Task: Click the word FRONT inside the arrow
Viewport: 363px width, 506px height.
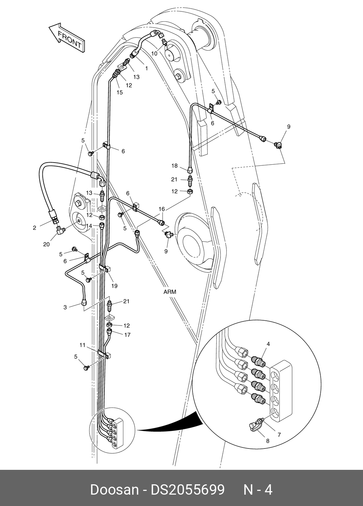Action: click(69, 40)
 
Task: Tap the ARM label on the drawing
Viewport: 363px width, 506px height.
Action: click(169, 292)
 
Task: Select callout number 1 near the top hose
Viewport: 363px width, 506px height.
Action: click(146, 68)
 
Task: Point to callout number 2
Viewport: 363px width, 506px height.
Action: click(34, 228)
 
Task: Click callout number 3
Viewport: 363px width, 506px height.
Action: click(65, 307)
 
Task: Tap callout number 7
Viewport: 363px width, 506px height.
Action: click(279, 435)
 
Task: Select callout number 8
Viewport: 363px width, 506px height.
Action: click(268, 440)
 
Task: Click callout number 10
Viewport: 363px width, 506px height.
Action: click(154, 53)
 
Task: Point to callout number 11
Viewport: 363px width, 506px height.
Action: click(82, 345)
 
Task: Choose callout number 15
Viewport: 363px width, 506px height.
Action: click(120, 92)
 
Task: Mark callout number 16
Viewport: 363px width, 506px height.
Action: click(162, 209)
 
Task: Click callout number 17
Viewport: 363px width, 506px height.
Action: click(127, 334)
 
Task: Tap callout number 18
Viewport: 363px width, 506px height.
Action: click(175, 166)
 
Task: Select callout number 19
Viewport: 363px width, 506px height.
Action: click(114, 286)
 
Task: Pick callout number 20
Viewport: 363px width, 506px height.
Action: click(46, 244)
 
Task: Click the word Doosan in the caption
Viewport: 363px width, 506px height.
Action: click(114, 489)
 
